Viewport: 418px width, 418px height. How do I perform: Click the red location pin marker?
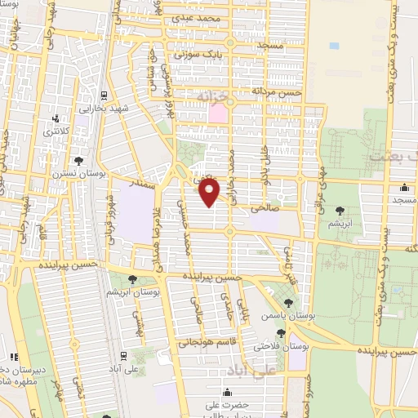(210, 193)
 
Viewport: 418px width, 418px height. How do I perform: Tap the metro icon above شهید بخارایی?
(105, 94)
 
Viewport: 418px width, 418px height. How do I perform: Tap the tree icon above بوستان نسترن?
(78, 160)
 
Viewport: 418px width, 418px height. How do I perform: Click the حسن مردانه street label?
(278, 92)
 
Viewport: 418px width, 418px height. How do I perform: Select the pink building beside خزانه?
(218, 113)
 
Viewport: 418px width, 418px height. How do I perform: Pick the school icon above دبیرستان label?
(14, 356)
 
